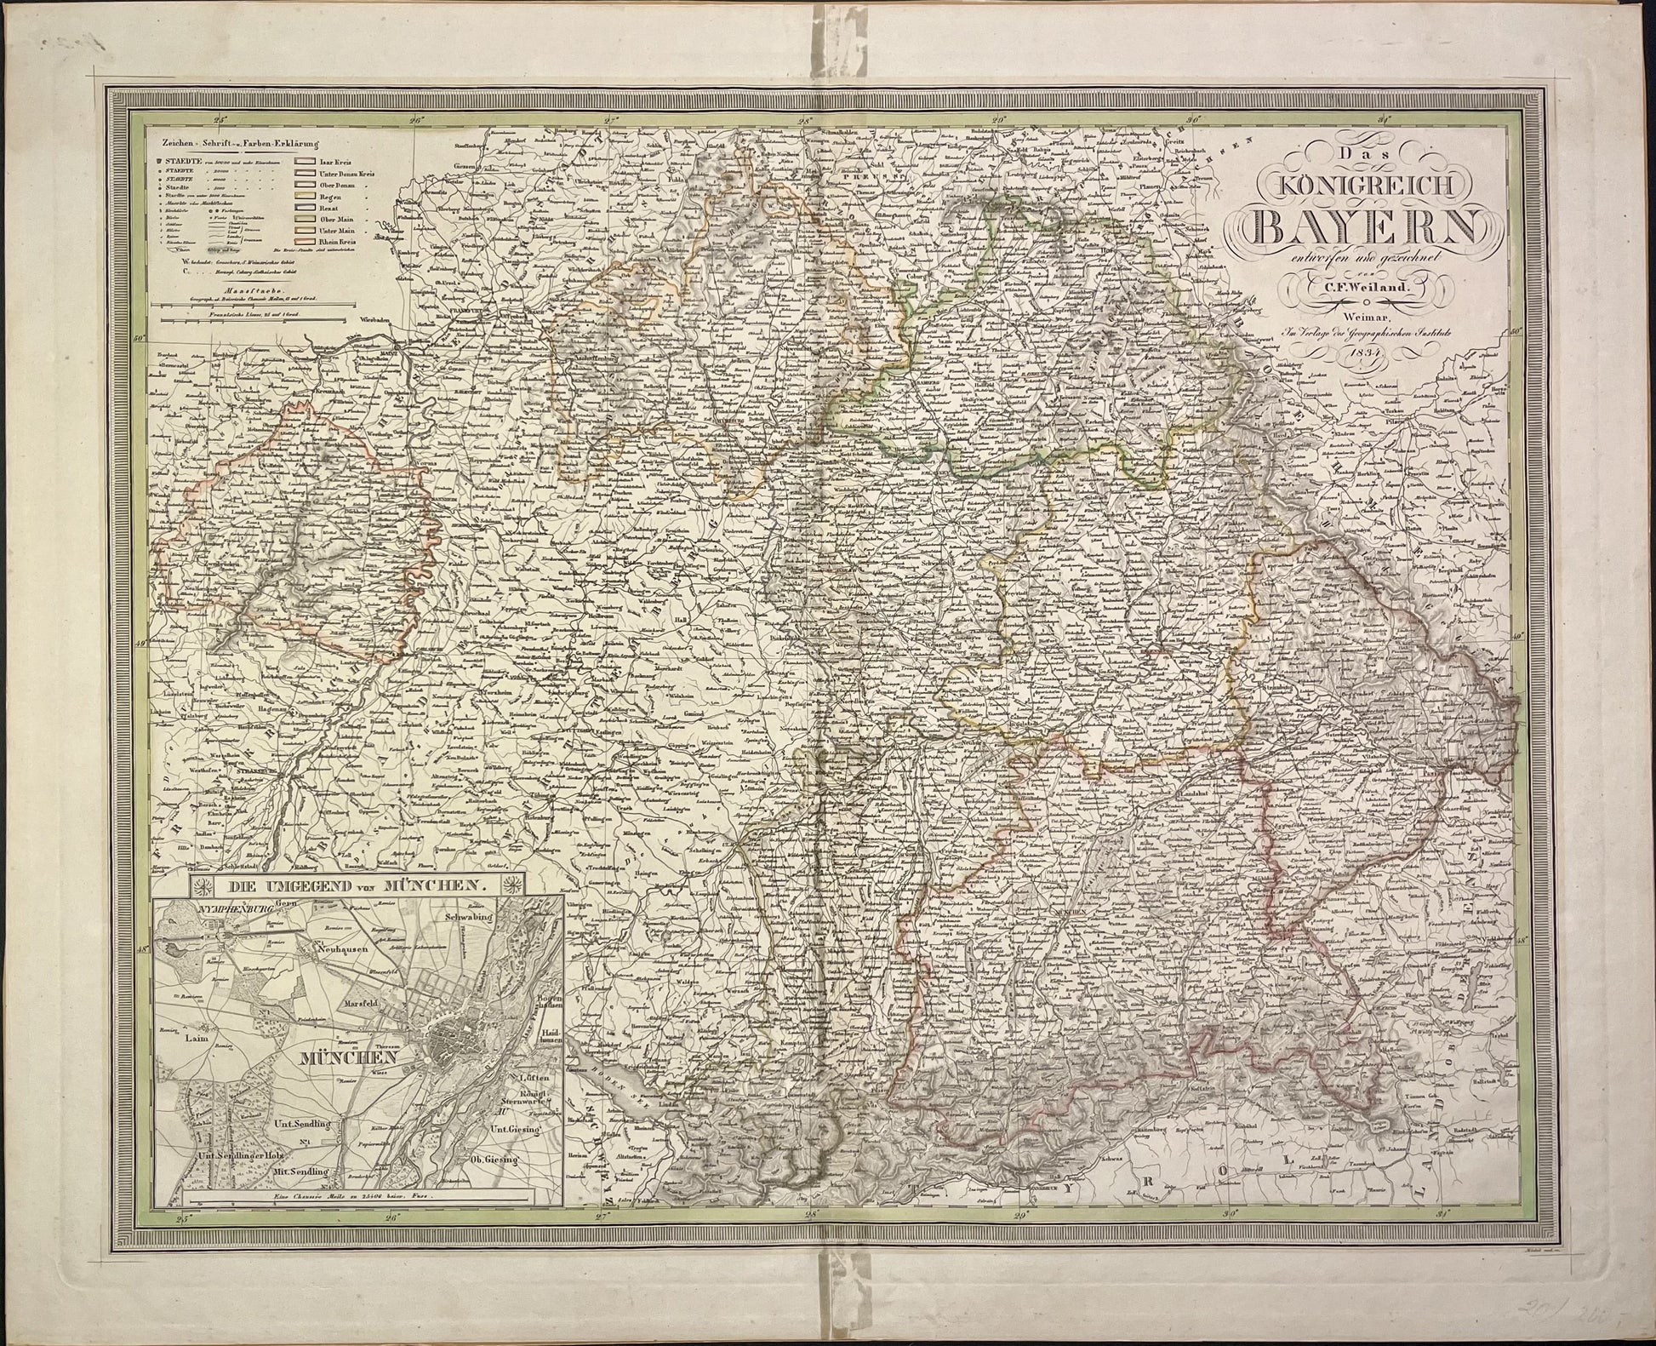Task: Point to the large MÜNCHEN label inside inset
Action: point(351,1058)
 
